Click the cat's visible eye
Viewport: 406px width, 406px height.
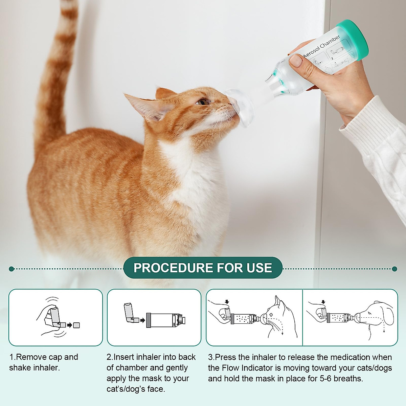tap(203, 101)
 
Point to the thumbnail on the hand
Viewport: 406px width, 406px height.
tap(296, 61)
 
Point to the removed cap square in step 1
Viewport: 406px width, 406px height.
tap(76, 325)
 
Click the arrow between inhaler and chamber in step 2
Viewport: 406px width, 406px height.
tap(143, 319)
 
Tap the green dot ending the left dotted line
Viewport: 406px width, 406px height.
tap(12, 269)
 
